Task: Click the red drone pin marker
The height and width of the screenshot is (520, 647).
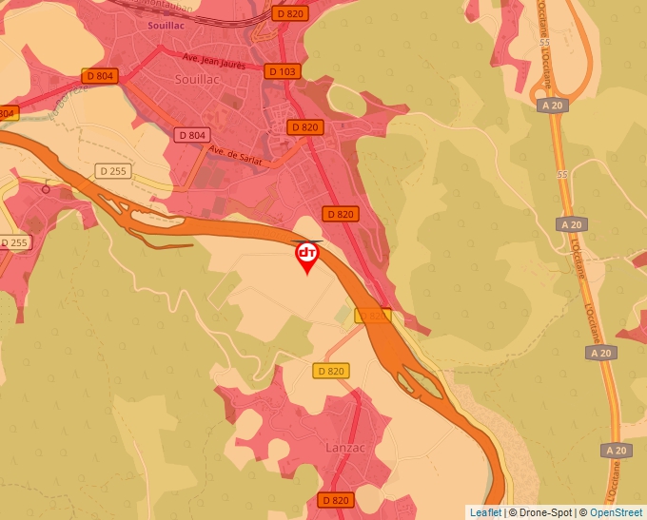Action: pos(307,256)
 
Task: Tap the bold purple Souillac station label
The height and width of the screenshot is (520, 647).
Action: pos(166,25)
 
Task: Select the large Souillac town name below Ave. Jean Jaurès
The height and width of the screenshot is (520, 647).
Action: pos(198,80)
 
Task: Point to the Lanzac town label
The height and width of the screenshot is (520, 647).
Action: pos(345,448)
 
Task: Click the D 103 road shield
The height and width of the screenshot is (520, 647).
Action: pos(283,71)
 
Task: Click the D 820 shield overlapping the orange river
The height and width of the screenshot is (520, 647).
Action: pos(373,315)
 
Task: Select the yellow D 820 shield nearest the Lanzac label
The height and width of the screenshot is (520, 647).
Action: pos(331,371)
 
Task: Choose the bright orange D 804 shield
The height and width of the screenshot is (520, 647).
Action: pos(100,75)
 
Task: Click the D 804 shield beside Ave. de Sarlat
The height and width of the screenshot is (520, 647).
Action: pos(191,135)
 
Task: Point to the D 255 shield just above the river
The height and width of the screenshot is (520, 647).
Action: pos(111,171)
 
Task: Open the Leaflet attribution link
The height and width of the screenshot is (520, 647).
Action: pos(485,512)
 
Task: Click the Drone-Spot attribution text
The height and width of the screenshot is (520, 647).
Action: pos(539,512)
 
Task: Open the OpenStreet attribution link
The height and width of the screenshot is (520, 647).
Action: pos(616,512)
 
